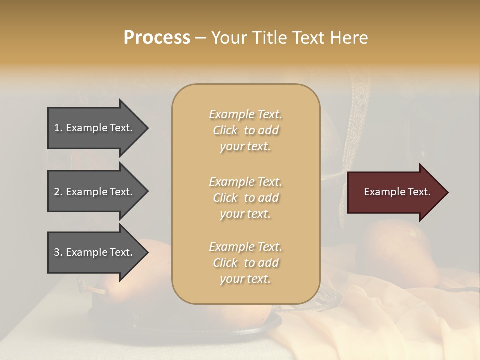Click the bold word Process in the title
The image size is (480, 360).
tap(157, 38)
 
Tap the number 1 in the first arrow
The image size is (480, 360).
tap(57, 128)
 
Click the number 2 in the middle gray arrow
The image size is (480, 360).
tap(57, 192)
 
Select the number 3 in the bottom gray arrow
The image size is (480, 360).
tap(57, 252)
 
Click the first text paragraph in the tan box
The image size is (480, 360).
tap(245, 130)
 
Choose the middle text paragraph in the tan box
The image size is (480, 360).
tap(245, 198)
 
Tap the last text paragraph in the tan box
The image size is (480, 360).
tap(245, 263)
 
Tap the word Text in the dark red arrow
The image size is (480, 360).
tap(419, 192)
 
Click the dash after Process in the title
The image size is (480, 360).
tap(200, 38)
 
